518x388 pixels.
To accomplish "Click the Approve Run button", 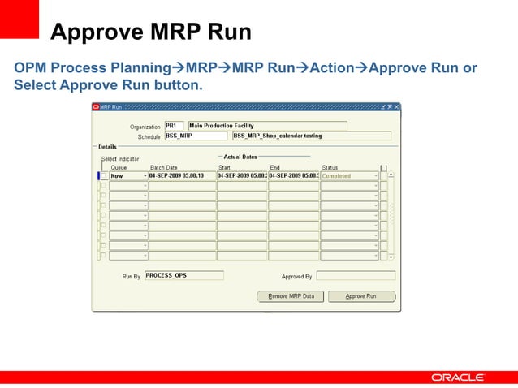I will point(361,296).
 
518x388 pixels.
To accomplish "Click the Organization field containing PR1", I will point(175,126).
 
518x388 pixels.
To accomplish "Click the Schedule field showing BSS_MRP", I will point(195,136).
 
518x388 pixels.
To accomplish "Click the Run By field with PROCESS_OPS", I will point(183,275).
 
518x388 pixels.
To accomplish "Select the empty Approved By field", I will point(356,276).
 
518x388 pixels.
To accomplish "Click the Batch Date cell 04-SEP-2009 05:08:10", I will point(182,176).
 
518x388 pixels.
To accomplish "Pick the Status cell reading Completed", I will point(347,176).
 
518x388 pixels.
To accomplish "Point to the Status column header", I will point(330,167).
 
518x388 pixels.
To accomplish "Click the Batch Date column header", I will point(163,167).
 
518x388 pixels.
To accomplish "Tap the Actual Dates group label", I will point(240,157).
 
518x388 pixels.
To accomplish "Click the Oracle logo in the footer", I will point(458,377).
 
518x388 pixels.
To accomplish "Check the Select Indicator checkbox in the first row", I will point(103,176).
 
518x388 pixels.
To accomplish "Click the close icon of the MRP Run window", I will point(396,106).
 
